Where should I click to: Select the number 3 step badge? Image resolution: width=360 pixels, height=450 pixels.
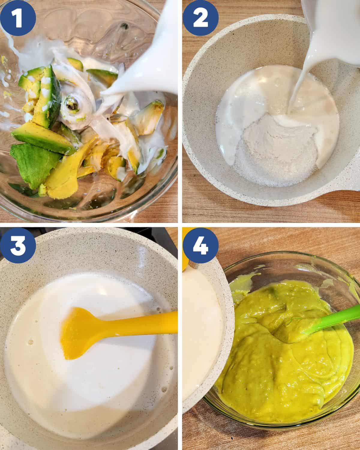pos(19,246)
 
